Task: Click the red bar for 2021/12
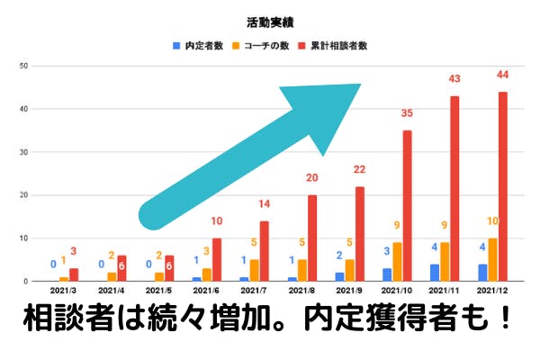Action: [502, 186]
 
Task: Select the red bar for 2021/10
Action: [408, 206]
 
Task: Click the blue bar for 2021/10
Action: [387, 274]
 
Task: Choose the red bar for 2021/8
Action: [313, 238]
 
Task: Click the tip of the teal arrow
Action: [359, 85]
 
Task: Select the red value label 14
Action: [265, 205]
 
